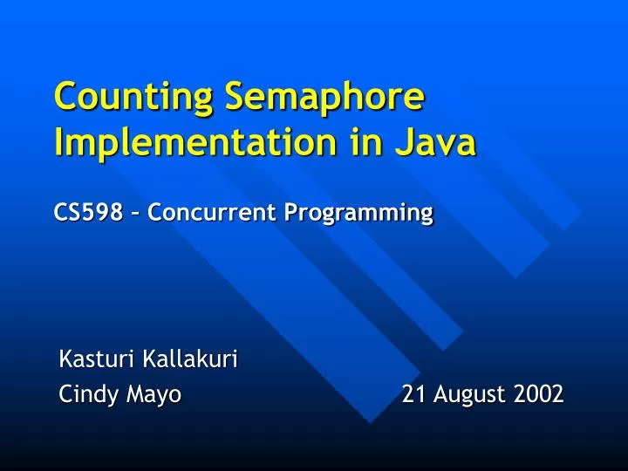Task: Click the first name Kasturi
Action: tap(90, 358)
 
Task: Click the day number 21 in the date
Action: tap(413, 395)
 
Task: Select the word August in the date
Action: tap(469, 396)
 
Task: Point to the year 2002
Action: tap(538, 395)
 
